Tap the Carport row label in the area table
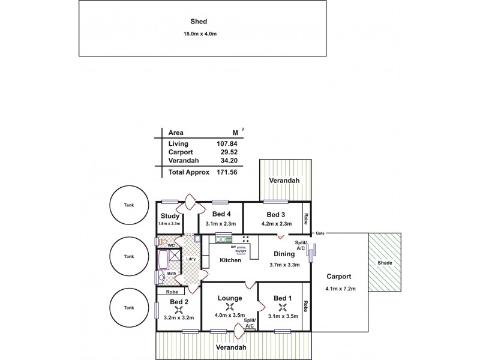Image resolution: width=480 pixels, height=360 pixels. tap(181, 153)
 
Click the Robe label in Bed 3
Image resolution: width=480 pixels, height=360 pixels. tap(305, 218)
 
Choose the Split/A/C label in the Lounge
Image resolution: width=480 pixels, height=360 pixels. tap(250, 323)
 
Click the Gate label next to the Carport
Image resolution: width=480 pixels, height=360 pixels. tap(320, 233)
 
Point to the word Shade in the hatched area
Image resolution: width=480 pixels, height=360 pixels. tap(385, 263)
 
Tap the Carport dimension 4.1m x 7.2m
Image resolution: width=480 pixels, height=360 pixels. tap(340, 289)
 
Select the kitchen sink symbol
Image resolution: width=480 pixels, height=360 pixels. tap(223, 239)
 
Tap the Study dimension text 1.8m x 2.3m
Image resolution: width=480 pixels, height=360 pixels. tap(169, 224)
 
